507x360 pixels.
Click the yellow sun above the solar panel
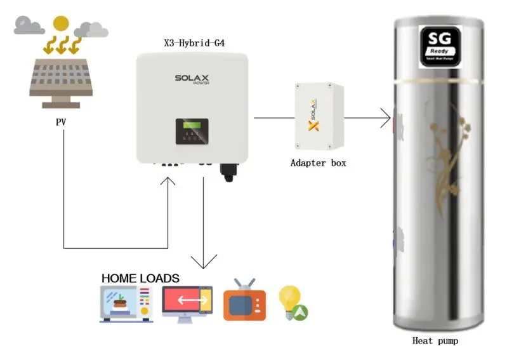(x=61, y=23)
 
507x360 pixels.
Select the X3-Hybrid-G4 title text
(x=194, y=44)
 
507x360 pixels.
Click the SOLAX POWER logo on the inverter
(x=192, y=80)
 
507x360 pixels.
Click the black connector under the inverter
(x=228, y=171)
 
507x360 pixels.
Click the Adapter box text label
(x=319, y=163)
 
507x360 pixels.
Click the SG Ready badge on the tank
(x=439, y=46)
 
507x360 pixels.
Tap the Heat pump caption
(x=435, y=341)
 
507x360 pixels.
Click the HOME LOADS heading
(x=140, y=278)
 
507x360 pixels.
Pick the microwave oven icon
(x=126, y=304)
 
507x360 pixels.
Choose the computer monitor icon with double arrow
(x=187, y=303)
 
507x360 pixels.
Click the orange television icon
(x=244, y=301)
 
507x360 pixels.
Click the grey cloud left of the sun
(x=29, y=26)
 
